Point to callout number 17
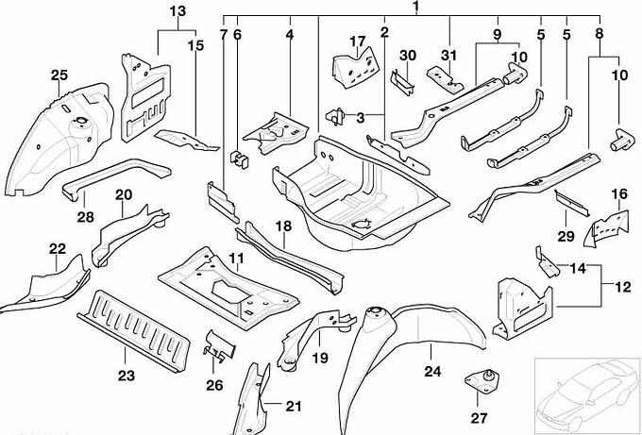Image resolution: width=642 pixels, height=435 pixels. tap(356, 41)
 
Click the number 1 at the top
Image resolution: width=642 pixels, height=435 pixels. tap(414, 8)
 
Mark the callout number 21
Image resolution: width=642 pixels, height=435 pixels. tap(293, 406)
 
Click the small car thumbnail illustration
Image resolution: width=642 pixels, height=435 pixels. tap(585, 391)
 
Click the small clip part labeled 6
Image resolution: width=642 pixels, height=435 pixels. tap(241, 157)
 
